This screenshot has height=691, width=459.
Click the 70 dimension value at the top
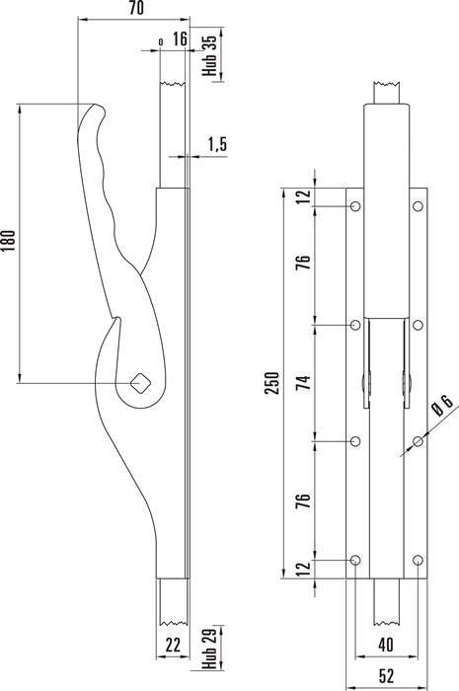[136, 8]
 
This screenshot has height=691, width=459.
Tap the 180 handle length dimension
[9, 240]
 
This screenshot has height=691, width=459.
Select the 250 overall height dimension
[272, 383]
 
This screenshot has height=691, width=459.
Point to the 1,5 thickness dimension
[217, 144]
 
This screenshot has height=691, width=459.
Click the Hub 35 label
[209, 55]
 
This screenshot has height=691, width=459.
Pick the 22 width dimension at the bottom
[173, 645]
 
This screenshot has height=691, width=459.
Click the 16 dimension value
[180, 38]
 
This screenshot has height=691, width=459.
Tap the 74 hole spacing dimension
[304, 383]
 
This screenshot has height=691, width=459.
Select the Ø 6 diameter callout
[442, 405]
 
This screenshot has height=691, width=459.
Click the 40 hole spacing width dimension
[386, 645]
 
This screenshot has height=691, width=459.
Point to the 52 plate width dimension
[386, 675]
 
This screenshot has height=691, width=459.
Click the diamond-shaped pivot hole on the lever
[140, 383]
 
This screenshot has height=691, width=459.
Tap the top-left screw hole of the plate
[356, 205]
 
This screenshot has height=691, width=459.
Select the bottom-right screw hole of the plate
[418, 560]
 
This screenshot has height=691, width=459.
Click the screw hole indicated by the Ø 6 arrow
[418, 441]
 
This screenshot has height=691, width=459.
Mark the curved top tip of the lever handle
[95, 105]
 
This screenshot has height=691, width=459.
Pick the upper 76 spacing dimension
[304, 264]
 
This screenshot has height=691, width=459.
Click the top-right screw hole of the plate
[418, 205]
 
